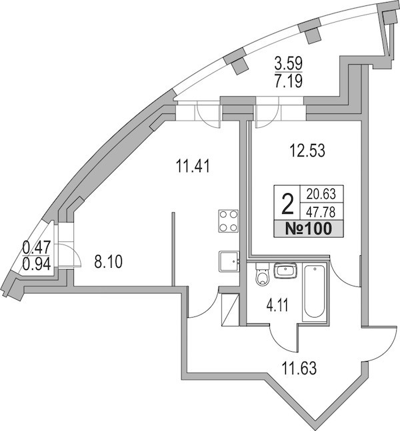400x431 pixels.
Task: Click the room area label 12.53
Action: point(307,151)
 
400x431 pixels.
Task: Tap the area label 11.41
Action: point(193,167)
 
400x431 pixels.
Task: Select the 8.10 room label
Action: point(108,262)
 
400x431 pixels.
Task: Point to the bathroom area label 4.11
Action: point(277,305)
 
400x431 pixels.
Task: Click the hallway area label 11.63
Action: point(299,368)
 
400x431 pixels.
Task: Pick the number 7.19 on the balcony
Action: point(289,81)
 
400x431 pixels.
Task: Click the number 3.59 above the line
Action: point(289,63)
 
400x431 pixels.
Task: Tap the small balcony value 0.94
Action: point(37,264)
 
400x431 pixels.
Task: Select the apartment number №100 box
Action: point(309,228)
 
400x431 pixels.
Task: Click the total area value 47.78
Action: point(321,213)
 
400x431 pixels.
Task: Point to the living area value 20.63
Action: point(321,195)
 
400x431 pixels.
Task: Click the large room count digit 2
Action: point(287,204)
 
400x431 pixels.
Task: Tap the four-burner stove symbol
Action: point(229,221)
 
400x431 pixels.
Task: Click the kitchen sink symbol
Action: point(229,261)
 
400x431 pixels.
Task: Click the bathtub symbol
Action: point(315,292)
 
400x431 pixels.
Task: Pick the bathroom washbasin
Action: point(285,270)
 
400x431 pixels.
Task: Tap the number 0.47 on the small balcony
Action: point(37,247)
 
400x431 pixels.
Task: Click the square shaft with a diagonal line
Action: point(230,310)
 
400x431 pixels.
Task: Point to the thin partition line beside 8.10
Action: point(173,249)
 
